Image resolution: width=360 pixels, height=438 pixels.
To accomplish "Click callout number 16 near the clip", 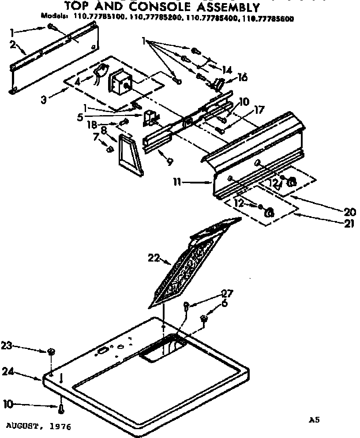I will pos(242,77).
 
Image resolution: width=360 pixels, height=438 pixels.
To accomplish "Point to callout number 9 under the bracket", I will pos(169,161).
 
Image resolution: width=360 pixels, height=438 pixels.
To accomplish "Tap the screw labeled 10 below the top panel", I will pos(61,409).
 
